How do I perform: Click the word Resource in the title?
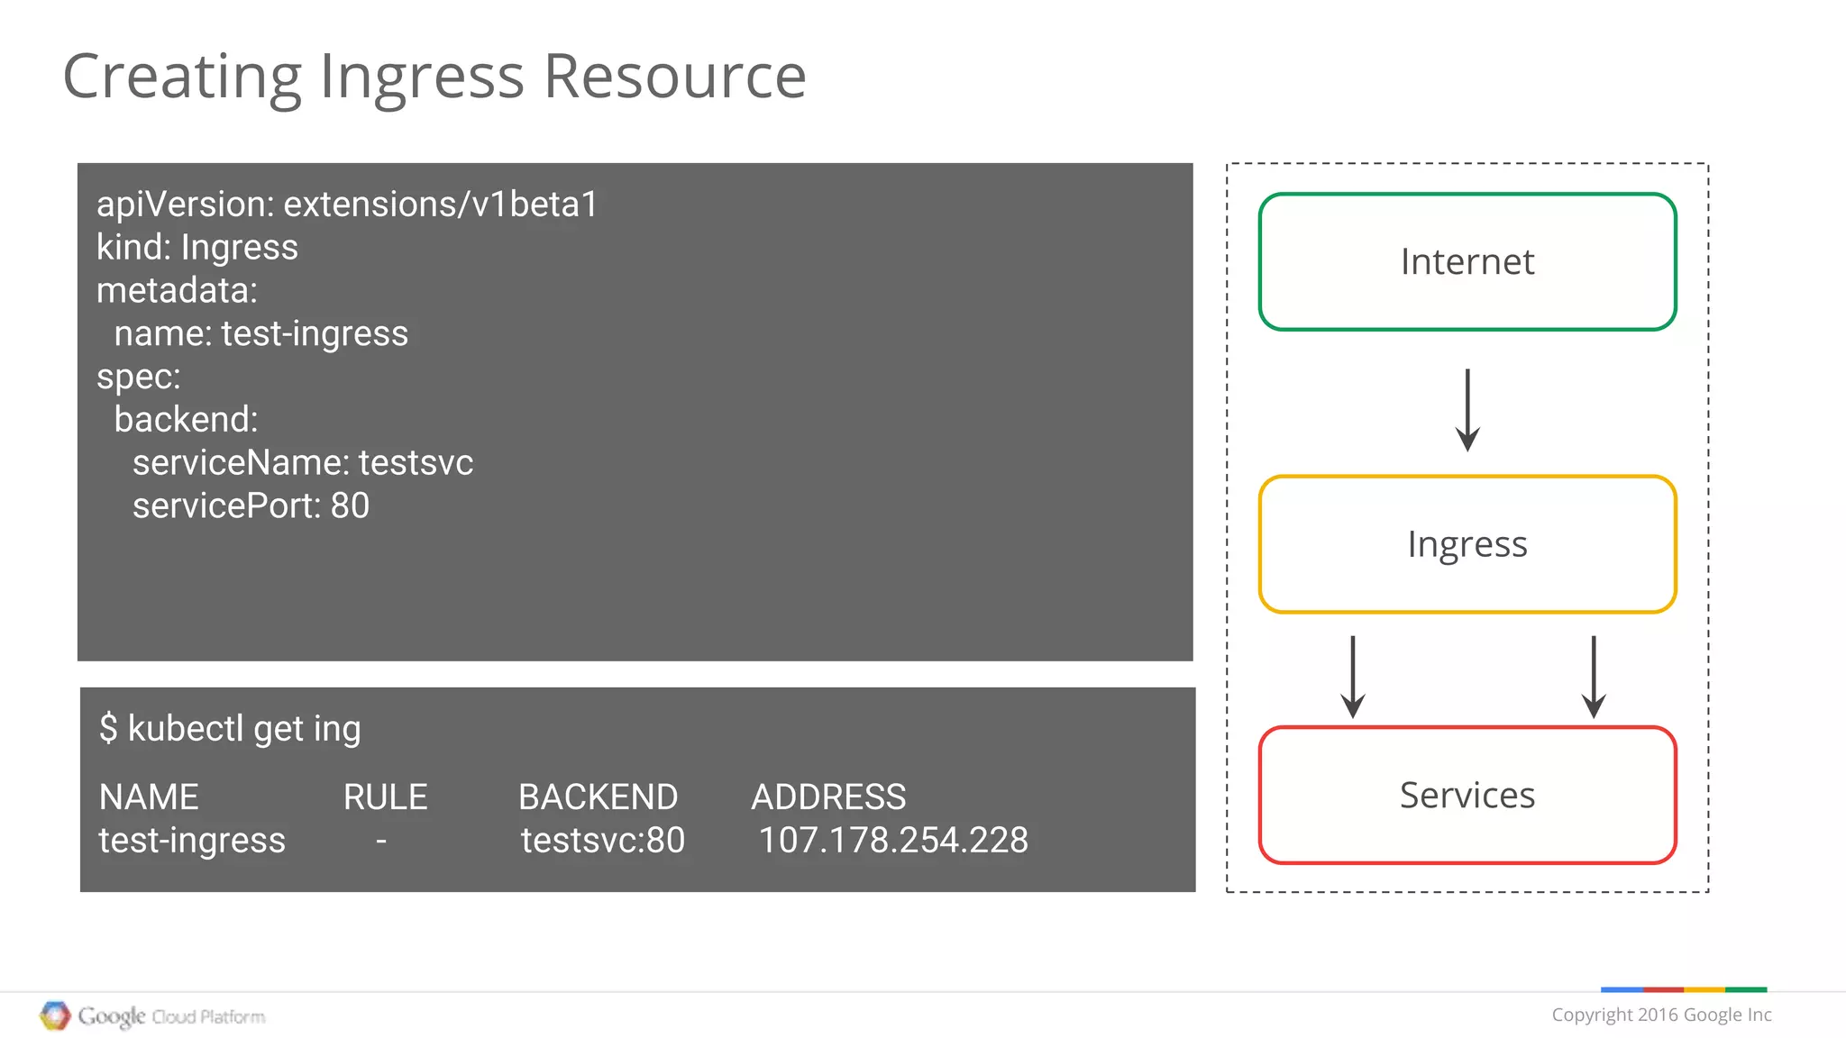coord(674,77)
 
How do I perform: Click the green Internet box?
coord(1467,261)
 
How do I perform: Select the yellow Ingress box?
coord(1467,544)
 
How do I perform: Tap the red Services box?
coord(1467,795)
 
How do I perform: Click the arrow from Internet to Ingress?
coord(1467,410)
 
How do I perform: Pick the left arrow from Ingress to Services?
coord(1352,677)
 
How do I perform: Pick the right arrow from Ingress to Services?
coord(1594,677)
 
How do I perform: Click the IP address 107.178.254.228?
coord(892,840)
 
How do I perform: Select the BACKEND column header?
coord(598,797)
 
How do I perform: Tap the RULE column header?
coord(385,797)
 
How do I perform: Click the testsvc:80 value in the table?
coord(602,840)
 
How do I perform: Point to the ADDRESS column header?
coord(828,797)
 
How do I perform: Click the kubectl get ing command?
coord(230,728)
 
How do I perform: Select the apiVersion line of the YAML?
coord(347,205)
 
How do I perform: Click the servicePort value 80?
coord(350,505)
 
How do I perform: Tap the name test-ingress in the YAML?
coord(315,333)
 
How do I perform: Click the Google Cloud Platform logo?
coord(153,1016)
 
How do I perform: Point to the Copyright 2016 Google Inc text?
coord(1660,1015)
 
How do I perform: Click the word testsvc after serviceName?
coord(416,463)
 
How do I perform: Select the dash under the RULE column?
coord(381,841)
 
